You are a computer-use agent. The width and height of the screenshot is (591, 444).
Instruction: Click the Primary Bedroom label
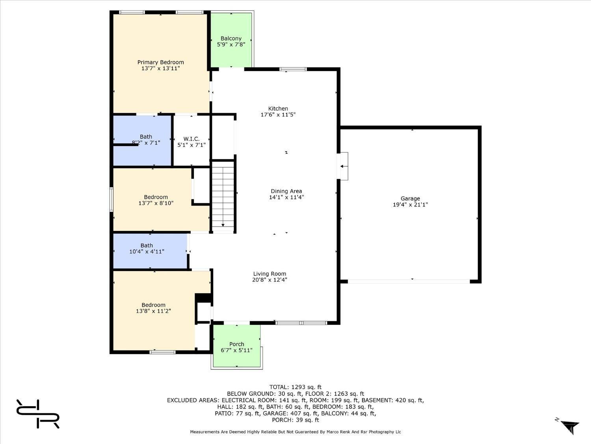(160, 62)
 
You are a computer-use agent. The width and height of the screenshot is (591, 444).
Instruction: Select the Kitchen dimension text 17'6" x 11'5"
(278, 114)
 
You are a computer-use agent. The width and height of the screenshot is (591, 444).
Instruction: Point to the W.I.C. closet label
(191, 139)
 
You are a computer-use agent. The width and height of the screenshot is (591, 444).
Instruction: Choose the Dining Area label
(286, 191)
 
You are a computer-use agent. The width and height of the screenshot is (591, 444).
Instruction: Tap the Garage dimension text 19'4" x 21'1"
(410, 204)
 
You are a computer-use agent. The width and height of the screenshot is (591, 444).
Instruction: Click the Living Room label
(269, 274)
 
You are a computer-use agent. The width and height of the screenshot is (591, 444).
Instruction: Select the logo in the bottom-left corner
(38, 414)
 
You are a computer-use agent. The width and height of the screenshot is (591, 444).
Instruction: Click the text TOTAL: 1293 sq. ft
(295, 388)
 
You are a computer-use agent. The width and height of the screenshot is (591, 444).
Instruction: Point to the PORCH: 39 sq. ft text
(295, 420)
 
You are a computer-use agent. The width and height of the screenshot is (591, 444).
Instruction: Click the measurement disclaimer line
(295, 432)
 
